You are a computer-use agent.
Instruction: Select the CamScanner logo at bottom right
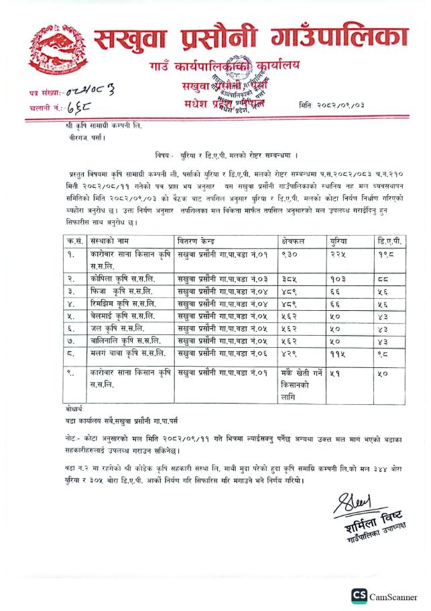click(x=359, y=596)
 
